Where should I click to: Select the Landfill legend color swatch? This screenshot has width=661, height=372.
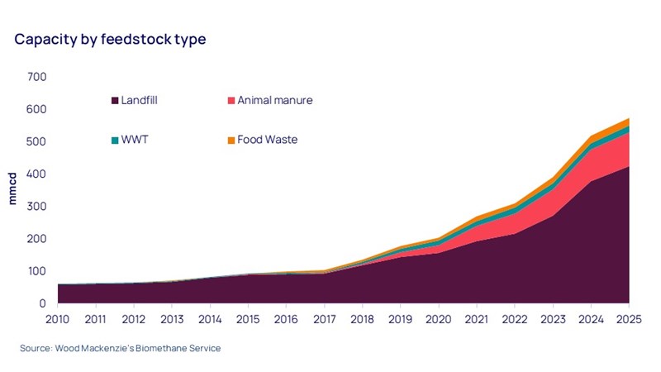(114, 101)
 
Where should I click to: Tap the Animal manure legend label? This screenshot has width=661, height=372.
(275, 101)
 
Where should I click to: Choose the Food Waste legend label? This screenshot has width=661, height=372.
(267, 140)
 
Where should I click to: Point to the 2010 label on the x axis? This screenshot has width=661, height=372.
(58, 318)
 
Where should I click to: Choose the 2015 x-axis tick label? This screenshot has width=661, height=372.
(249, 318)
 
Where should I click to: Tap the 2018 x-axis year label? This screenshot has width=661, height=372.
(363, 318)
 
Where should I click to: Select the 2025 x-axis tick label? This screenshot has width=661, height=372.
(628, 318)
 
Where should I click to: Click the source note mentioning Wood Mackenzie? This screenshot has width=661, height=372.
(121, 349)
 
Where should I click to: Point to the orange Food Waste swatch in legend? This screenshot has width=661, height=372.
(230, 140)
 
